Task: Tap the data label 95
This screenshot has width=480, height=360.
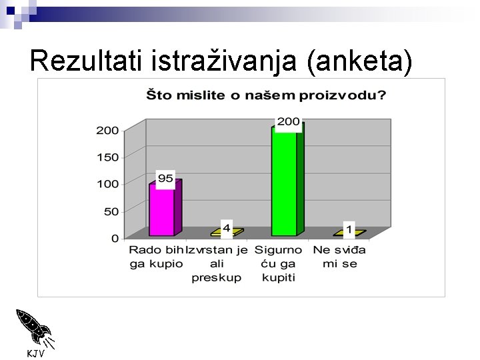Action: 165,178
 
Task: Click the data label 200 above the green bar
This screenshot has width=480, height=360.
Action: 288,122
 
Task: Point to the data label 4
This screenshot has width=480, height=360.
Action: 227,229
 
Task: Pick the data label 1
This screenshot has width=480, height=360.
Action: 349,229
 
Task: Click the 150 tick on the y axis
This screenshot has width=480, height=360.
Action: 107,157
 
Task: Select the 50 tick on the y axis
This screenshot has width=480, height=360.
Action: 111,211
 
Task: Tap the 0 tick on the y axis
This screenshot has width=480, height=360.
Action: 115,238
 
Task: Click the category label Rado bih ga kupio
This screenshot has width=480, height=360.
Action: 156,257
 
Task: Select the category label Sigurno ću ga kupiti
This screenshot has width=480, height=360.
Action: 279,263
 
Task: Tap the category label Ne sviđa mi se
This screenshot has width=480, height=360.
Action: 340,257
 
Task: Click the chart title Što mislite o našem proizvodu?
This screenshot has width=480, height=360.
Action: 266,95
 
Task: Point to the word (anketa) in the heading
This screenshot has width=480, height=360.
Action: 359,61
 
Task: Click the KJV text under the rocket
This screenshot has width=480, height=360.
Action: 35,353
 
